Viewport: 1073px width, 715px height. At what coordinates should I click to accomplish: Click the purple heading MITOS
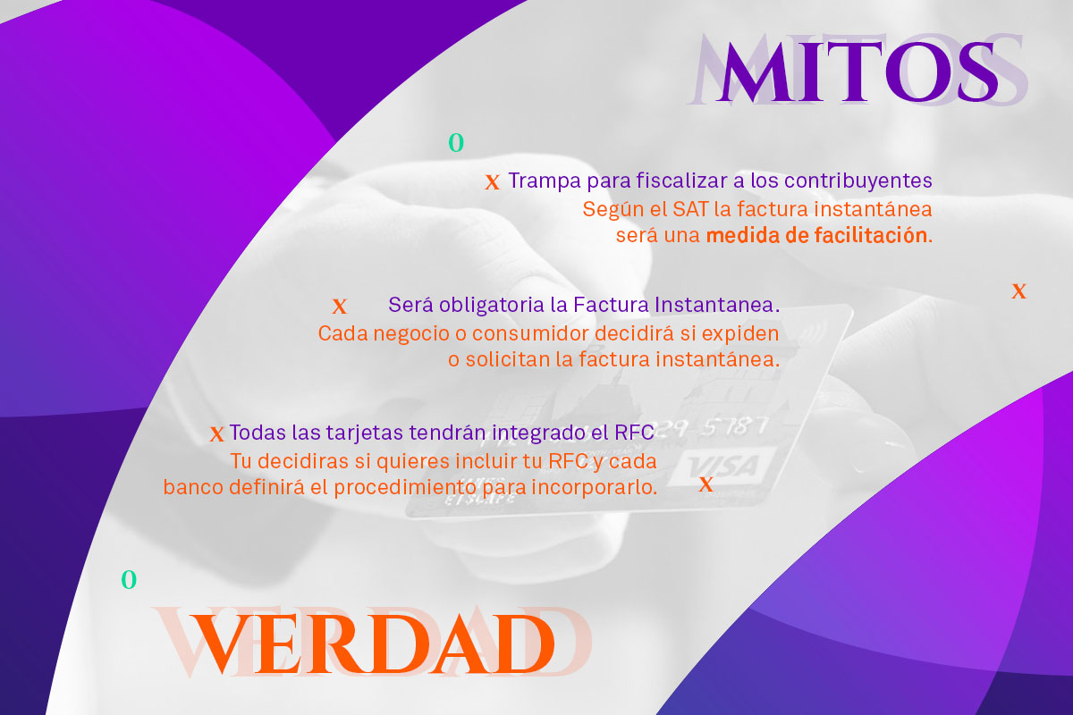click(858, 71)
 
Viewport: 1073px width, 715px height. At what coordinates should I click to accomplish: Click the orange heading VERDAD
click(372, 644)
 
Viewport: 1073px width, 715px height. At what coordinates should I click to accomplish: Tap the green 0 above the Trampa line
click(456, 143)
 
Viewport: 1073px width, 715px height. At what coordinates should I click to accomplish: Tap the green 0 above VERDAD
click(129, 579)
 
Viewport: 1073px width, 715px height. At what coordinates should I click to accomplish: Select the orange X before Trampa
click(493, 182)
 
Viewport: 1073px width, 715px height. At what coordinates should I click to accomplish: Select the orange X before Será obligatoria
click(340, 307)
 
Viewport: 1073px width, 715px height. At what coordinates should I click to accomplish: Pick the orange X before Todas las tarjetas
click(217, 434)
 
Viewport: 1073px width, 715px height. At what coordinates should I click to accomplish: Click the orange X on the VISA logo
click(706, 484)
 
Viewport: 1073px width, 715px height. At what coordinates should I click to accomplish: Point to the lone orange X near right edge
click(1018, 291)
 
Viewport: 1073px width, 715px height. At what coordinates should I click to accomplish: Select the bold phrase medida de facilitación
click(816, 236)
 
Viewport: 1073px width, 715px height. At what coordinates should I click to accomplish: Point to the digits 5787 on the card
click(735, 426)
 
